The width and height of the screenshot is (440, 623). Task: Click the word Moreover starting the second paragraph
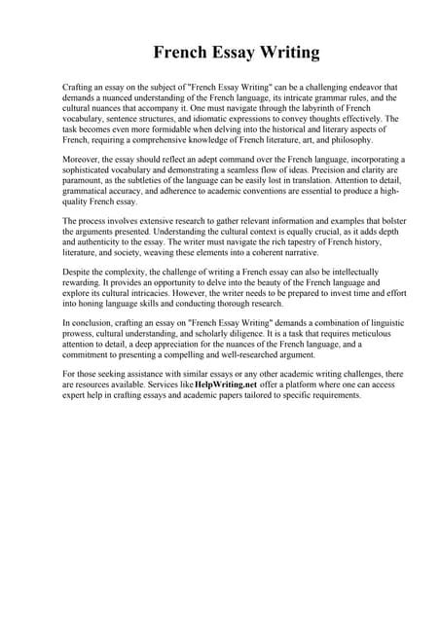tap(82, 158)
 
